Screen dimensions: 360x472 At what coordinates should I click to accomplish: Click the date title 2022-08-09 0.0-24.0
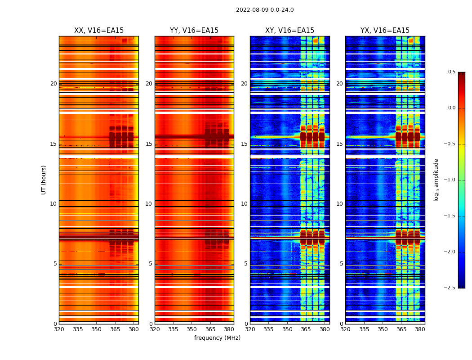(x=265, y=10)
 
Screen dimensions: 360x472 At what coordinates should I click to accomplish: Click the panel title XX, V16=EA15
(x=99, y=31)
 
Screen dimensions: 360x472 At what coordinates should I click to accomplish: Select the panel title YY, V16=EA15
(x=194, y=31)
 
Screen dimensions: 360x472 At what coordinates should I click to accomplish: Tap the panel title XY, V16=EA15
(x=289, y=31)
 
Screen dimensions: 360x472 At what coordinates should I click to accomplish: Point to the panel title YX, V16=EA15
(x=385, y=31)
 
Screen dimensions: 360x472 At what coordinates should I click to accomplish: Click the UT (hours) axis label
(x=44, y=180)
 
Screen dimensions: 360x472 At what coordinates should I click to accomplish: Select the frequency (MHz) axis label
(x=217, y=338)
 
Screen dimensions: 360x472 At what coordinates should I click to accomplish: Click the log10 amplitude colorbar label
(x=436, y=180)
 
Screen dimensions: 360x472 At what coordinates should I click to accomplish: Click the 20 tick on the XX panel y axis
(x=53, y=84)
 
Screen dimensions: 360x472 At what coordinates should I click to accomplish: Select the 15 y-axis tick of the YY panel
(x=149, y=144)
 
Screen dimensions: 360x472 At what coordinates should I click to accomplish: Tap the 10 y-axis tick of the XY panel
(x=244, y=204)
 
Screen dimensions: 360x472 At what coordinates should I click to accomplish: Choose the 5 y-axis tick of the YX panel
(x=341, y=264)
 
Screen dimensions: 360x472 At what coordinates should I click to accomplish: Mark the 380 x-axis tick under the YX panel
(x=420, y=329)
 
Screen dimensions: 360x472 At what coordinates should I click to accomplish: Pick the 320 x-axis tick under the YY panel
(x=155, y=329)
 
